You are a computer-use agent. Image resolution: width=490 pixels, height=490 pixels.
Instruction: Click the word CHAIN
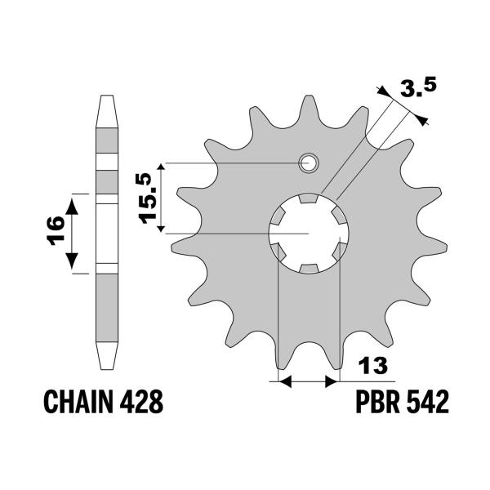pos(78,402)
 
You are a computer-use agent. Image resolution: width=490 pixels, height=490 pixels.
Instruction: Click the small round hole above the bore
pos(309,163)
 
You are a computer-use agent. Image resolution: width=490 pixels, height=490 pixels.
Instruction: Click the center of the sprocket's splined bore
pos(309,234)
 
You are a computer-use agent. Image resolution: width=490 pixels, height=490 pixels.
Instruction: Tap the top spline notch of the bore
pos(309,198)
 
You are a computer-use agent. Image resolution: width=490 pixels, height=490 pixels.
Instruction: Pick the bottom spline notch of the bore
pos(309,269)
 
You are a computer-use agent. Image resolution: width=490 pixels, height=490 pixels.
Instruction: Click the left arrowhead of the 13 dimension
pos(284,380)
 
